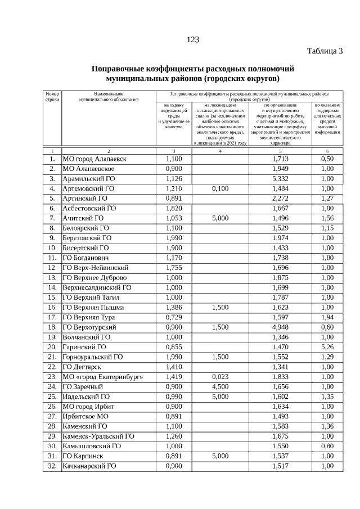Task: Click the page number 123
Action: click(x=193, y=39)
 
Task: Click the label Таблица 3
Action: click(x=325, y=52)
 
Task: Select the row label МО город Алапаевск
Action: click(x=94, y=159)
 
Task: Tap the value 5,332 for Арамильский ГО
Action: click(x=280, y=179)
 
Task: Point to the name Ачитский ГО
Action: click(x=83, y=218)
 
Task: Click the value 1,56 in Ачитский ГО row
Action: click(x=327, y=218)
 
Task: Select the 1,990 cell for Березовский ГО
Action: click(x=174, y=238)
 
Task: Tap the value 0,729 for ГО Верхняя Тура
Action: click(x=174, y=317)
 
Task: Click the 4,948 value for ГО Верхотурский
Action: click(x=280, y=327)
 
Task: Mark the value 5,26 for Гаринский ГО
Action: click(x=327, y=347)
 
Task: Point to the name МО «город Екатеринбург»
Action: click(x=103, y=377)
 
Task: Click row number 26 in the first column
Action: click(x=52, y=406)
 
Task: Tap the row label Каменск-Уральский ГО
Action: click(x=98, y=436)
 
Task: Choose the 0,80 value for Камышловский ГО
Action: click(x=327, y=446)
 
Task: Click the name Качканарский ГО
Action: click(x=89, y=466)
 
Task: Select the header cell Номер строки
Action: click(x=52, y=96)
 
